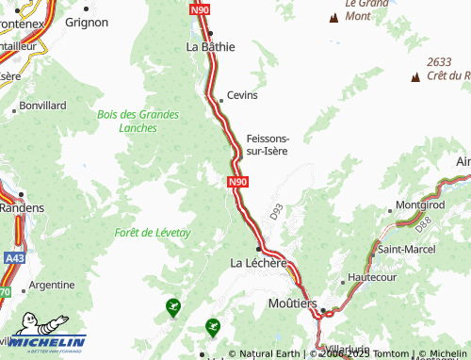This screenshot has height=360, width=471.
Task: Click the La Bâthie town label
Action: (210, 45)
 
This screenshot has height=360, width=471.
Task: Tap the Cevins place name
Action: (242, 95)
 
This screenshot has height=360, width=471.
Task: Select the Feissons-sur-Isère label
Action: (268, 144)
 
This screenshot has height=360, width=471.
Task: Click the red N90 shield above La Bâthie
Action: (199, 10)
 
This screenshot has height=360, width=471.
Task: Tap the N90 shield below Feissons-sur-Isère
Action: (237, 182)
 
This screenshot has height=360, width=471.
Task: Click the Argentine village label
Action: (52, 284)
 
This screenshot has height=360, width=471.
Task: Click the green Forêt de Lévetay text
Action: (152, 232)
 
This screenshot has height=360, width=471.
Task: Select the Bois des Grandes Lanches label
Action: (138, 121)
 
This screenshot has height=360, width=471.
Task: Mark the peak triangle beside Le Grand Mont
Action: (333, 17)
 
